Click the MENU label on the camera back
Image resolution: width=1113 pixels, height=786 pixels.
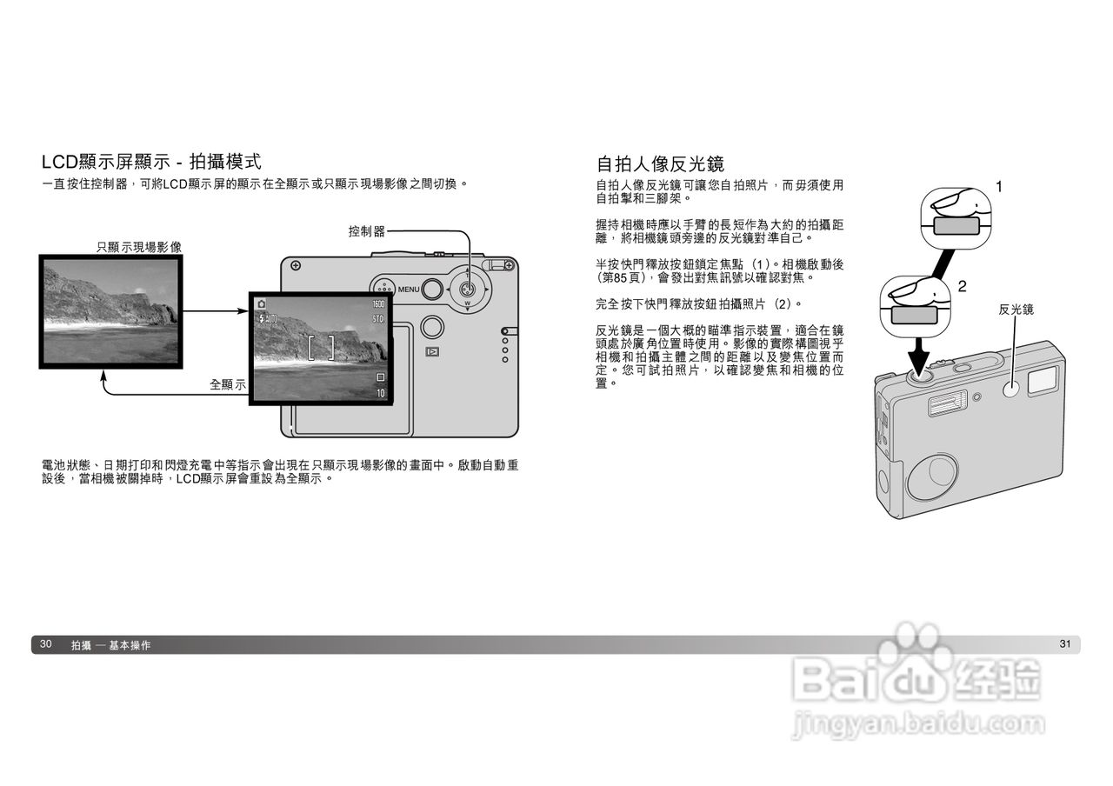(409, 290)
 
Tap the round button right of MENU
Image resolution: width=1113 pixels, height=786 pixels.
(431, 289)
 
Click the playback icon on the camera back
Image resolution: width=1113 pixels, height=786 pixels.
(431, 352)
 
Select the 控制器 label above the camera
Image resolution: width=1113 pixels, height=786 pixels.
(366, 231)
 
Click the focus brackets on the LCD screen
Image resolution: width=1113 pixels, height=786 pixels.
(321, 346)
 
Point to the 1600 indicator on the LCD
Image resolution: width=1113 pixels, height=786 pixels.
(377, 304)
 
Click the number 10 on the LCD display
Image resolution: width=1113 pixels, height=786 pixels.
(380, 394)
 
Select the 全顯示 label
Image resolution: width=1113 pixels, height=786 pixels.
(228, 384)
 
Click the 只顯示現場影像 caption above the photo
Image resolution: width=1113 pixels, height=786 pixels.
(139, 248)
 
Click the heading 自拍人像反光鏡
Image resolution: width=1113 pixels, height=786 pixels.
(661, 163)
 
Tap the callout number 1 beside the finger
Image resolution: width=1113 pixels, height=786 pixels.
(999, 186)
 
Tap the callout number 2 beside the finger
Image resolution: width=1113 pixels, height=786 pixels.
(962, 286)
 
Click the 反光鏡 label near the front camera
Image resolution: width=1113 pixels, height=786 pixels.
(1016, 310)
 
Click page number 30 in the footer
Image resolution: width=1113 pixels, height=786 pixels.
(46, 644)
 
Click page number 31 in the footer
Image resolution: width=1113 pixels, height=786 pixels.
(1065, 644)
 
